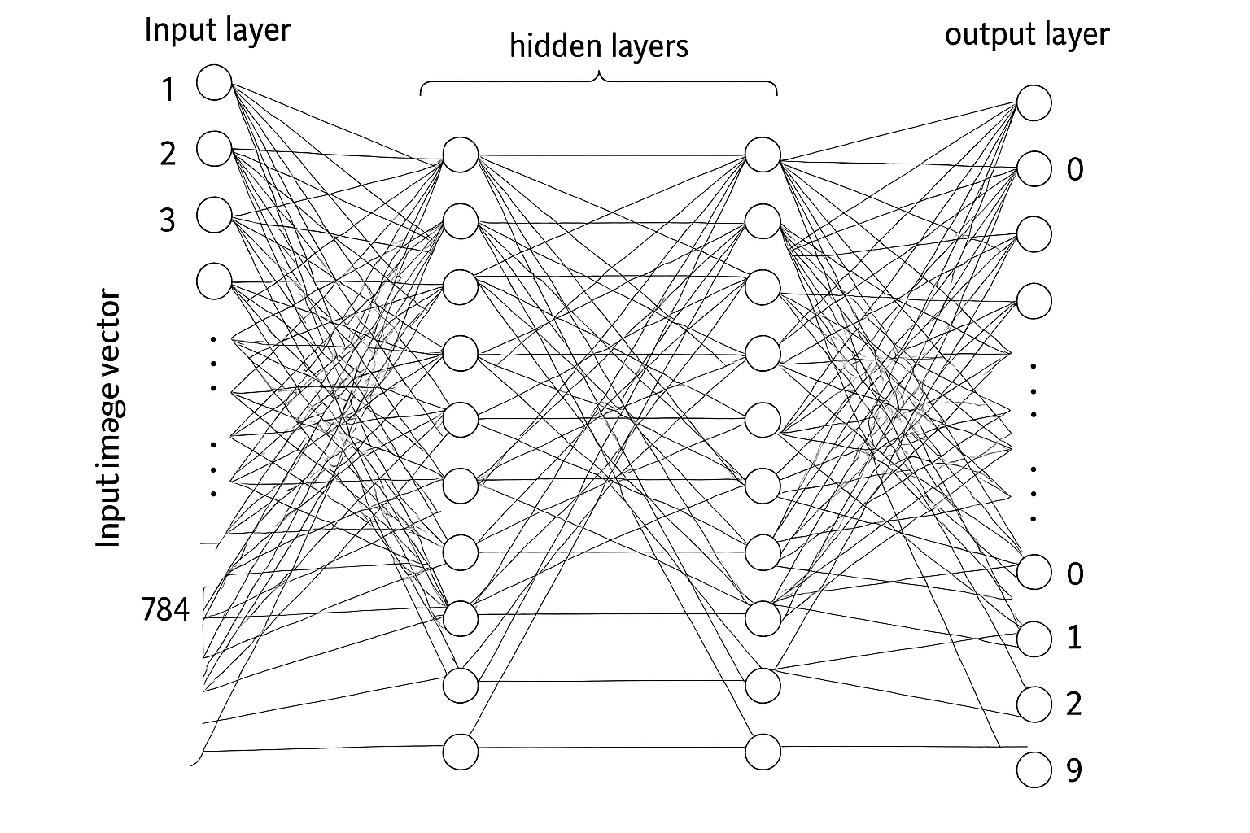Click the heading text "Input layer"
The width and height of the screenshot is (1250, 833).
point(217,31)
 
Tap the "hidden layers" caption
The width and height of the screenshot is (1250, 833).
point(598,46)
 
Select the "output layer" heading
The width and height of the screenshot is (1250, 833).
point(1026,35)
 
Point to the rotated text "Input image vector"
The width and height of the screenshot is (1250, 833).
point(108,419)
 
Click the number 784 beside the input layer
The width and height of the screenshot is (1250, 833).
point(165,609)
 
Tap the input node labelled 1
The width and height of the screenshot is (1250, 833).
point(215,83)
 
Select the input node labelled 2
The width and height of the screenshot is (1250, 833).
point(215,149)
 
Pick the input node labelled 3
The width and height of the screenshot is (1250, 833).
point(215,215)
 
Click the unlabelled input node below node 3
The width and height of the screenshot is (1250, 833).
point(215,281)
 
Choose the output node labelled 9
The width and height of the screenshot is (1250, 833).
point(1034,770)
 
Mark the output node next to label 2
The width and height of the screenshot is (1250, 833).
point(1034,704)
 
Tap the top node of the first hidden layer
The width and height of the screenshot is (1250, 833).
point(461,155)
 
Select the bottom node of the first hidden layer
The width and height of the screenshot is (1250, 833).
point(461,752)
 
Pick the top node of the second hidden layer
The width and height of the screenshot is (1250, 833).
point(763,155)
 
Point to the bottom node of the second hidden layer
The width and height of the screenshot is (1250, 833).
point(763,752)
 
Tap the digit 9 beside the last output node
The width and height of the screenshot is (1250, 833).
point(1074,770)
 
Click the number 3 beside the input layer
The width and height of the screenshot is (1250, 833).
point(167,220)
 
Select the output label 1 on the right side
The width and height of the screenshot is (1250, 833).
point(1074,638)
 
